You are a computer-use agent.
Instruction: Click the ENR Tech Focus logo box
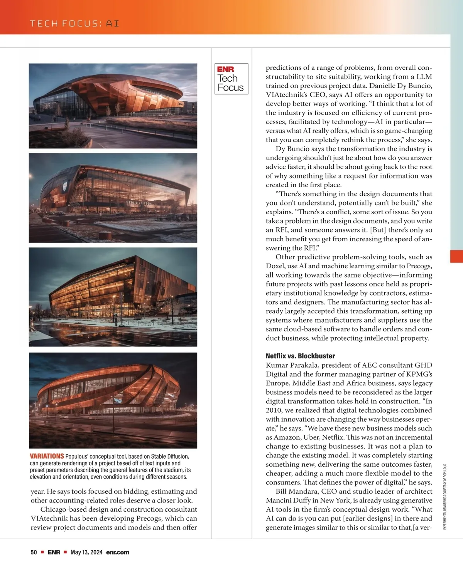click(x=231, y=79)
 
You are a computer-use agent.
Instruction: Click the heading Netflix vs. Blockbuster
click(x=300, y=356)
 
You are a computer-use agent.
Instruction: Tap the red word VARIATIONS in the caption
click(x=47, y=456)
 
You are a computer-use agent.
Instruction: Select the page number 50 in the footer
click(x=34, y=552)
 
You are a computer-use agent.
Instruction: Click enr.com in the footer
click(x=118, y=552)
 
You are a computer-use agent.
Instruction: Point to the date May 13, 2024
click(x=86, y=552)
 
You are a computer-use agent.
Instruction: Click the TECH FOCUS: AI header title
click(x=74, y=24)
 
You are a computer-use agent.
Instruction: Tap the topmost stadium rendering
click(x=113, y=106)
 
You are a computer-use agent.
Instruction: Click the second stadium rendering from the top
click(x=113, y=198)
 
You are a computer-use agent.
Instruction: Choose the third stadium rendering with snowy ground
click(x=113, y=297)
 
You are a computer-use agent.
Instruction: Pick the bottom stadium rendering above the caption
click(x=113, y=400)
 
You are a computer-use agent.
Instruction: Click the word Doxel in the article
click(x=275, y=266)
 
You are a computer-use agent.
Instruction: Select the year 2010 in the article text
click(x=274, y=410)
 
